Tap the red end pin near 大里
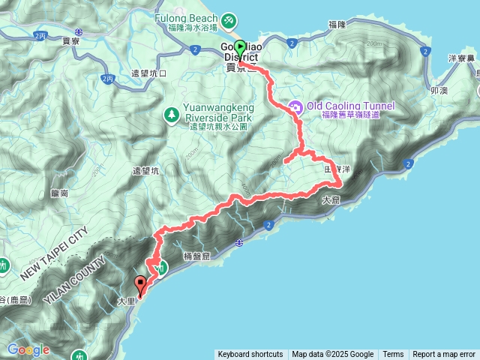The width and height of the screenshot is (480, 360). point(140,283)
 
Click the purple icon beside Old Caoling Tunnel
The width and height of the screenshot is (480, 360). point(295,106)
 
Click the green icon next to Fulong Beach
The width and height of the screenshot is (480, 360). point(226,19)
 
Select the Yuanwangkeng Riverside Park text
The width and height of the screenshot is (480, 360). point(218,112)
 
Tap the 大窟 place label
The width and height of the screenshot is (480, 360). point(331,201)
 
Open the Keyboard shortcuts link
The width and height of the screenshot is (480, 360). point(250,355)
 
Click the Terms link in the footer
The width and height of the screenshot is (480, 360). point(393,355)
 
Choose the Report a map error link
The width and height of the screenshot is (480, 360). point(445,355)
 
